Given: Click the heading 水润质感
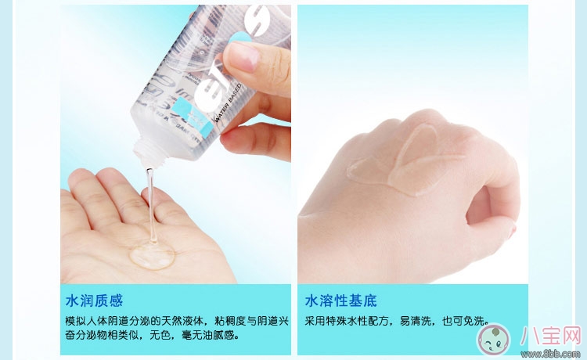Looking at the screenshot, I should click(x=94, y=301).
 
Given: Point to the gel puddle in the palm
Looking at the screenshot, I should click(x=152, y=256).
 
